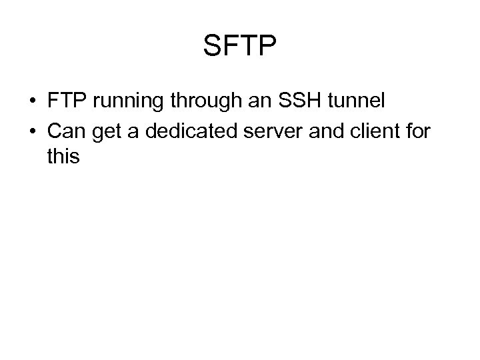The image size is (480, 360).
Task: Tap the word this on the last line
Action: tap(63, 157)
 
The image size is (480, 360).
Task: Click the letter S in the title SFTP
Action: tap(213, 46)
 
